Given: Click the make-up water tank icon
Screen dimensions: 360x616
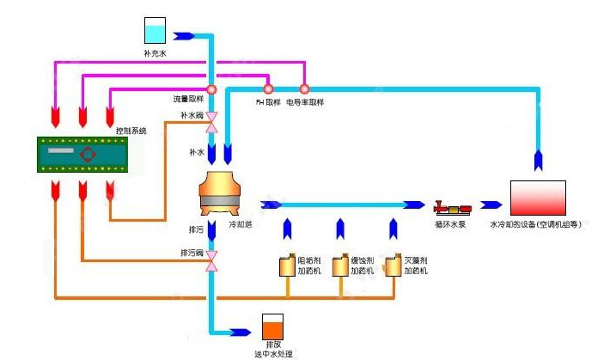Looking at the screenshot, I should (x=156, y=31).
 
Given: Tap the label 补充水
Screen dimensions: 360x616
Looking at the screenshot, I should (x=156, y=52).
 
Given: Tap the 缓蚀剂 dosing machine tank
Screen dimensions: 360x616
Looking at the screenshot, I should (x=340, y=265).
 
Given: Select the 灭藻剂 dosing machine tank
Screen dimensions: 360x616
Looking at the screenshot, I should (x=393, y=265).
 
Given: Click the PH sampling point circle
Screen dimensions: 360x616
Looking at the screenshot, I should (x=268, y=88).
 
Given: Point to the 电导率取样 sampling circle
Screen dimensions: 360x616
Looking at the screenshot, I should (x=303, y=88).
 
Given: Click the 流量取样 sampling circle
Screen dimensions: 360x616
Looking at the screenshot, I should (x=211, y=88).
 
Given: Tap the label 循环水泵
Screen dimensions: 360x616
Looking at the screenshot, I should (x=452, y=225).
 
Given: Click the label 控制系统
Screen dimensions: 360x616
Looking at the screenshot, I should (x=131, y=131).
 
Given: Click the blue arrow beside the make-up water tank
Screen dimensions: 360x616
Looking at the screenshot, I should (x=183, y=36).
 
